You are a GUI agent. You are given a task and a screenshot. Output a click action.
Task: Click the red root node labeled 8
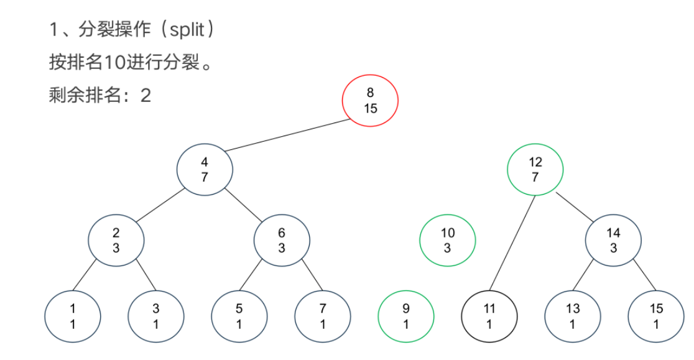(x=370, y=101)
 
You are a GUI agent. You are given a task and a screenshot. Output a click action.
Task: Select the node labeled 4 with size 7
(x=205, y=169)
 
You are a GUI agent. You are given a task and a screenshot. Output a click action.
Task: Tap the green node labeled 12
(x=535, y=169)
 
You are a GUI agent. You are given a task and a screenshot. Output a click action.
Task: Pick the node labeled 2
(x=116, y=240)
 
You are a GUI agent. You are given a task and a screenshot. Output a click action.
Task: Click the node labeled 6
(x=282, y=240)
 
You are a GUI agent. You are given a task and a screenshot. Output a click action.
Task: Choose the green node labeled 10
(x=448, y=240)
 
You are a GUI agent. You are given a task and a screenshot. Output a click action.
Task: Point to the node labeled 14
(x=614, y=240)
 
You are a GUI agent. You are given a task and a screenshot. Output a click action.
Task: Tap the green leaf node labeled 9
(x=406, y=316)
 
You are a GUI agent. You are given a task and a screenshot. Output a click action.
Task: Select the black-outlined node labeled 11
(x=489, y=316)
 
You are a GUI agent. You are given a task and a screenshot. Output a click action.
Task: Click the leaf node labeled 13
(x=573, y=316)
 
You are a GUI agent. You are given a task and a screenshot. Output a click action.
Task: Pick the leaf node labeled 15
(x=656, y=316)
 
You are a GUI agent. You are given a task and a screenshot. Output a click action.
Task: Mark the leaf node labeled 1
(x=73, y=316)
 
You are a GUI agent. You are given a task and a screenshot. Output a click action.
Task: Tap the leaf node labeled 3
(x=156, y=316)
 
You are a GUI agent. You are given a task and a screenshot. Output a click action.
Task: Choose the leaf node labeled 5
(x=239, y=316)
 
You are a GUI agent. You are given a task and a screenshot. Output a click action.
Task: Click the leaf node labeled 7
(x=323, y=316)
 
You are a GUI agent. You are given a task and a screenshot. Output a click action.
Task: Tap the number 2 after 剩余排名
(x=146, y=95)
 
